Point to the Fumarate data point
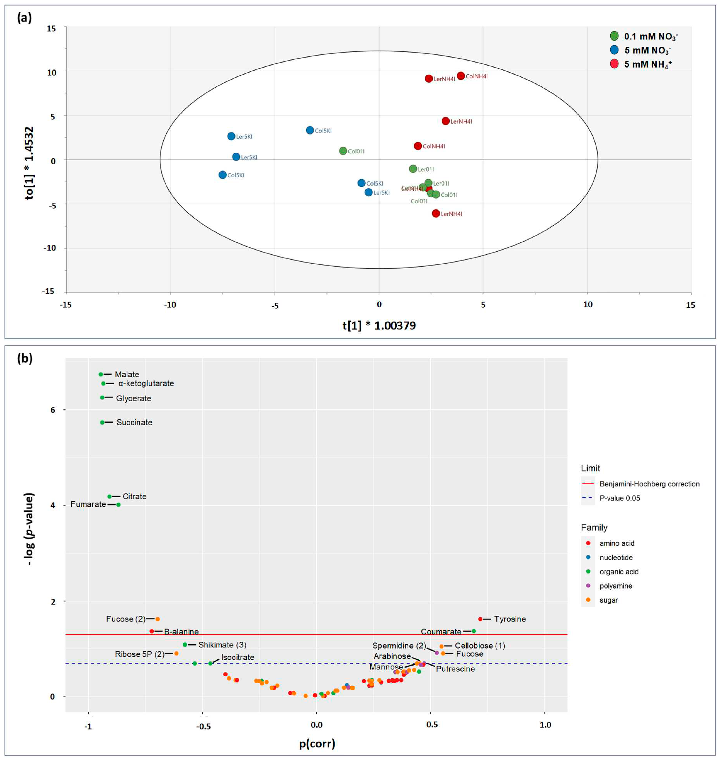(118, 505)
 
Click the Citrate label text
(134, 496)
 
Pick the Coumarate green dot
(474, 631)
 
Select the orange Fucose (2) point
(157, 619)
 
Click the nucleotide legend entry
(616, 557)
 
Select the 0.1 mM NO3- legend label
(650, 36)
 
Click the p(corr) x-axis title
(317, 743)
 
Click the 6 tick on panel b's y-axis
(53, 410)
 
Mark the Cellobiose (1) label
(480, 646)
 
